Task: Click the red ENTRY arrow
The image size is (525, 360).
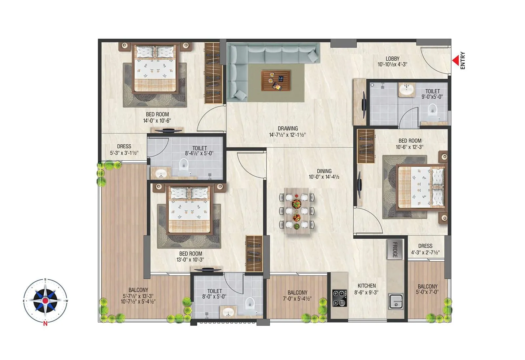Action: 455,61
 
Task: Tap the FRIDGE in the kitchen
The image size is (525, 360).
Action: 394,250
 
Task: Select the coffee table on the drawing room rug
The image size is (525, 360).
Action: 276,81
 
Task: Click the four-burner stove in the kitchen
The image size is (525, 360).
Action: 339,298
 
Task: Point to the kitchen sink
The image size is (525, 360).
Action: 396,301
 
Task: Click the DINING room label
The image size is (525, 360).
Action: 324,171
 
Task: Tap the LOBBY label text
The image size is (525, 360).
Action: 392,59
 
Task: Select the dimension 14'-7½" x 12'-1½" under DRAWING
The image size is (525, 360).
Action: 287,135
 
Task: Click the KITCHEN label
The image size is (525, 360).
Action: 367,286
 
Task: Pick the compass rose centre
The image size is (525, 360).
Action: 45,300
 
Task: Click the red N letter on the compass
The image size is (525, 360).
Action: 45,324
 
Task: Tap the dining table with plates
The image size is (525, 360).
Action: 297,210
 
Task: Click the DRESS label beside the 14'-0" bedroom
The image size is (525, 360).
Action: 124,147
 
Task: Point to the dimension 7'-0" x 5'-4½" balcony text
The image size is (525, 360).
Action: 297,299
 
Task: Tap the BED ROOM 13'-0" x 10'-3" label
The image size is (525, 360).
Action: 191,254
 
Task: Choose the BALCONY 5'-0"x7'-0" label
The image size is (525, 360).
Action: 427,287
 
